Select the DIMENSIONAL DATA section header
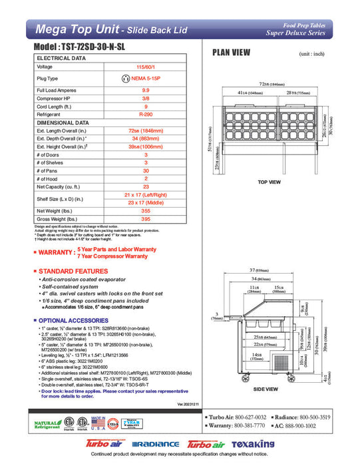point(64,122)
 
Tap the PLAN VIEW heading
point(231,53)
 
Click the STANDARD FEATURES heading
point(73,272)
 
